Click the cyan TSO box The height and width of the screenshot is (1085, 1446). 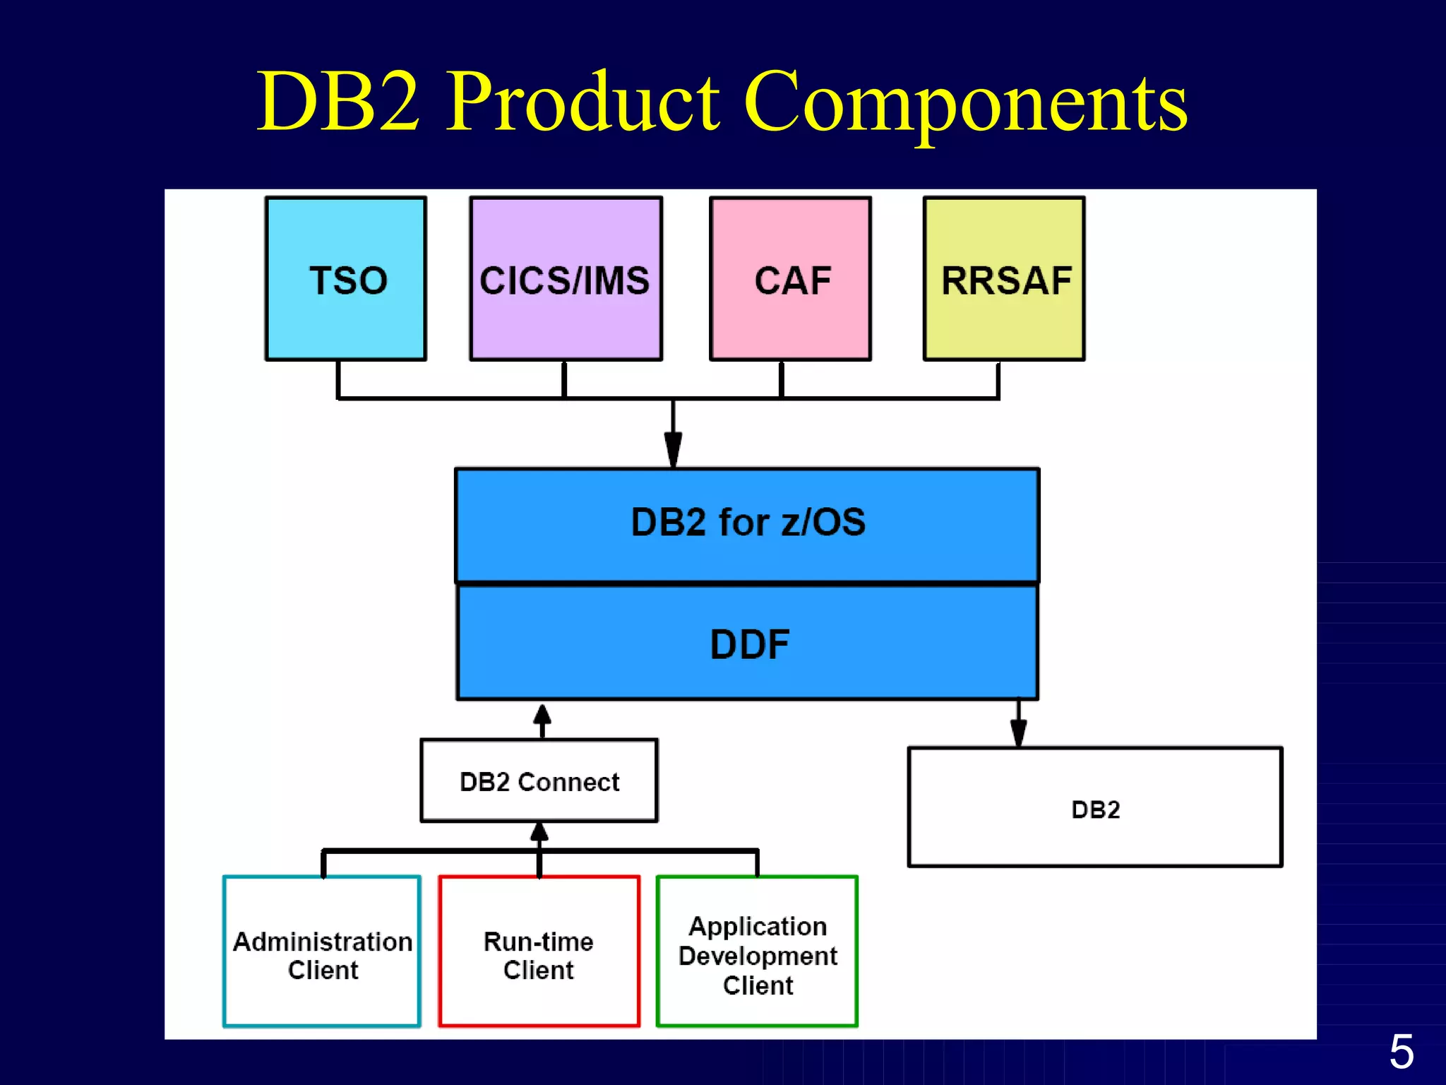346,279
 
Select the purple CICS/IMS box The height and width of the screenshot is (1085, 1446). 566,279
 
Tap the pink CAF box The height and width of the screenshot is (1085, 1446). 790,279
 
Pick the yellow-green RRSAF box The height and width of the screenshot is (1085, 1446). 1004,279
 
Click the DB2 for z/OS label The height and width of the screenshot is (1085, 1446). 748,523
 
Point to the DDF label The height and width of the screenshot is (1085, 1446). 749,644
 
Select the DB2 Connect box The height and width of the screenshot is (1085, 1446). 539,781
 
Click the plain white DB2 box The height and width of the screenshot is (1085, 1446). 1094,807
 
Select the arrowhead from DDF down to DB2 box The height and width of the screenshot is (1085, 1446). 1018,733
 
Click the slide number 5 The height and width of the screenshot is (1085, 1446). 1402,1052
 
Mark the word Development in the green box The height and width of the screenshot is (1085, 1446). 758,956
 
